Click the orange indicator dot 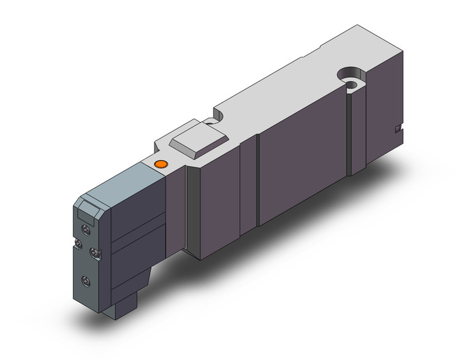pos(161,164)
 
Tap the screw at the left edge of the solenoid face pos(77,245)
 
